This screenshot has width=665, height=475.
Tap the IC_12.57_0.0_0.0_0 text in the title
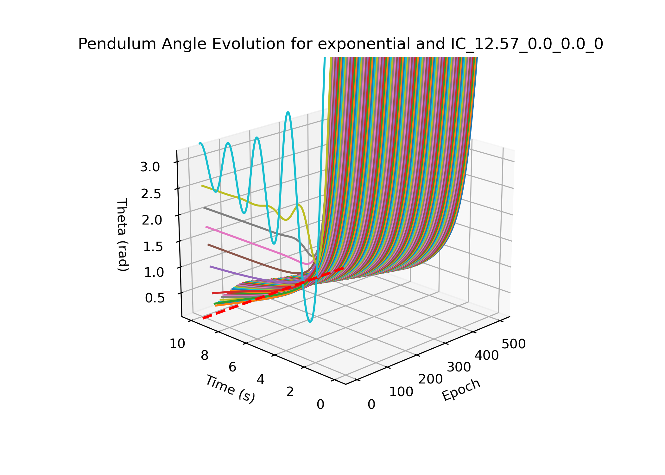pyautogui.click(x=527, y=44)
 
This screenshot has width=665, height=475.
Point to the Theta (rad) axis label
pyautogui.click(x=122, y=235)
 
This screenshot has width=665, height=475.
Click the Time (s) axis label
pyautogui.click(x=230, y=389)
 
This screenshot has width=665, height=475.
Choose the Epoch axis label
pyautogui.click(x=461, y=390)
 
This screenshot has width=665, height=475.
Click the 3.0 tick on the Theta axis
pyautogui.click(x=150, y=167)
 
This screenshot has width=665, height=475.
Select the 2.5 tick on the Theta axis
pyautogui.click(x=151, y=194)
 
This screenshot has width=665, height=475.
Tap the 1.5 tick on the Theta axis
pyautogui.click(x=153, y=246)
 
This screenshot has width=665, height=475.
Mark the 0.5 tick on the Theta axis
pyautogui.click(x=155, y=298)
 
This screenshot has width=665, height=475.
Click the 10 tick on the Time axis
pyautogui.click(x=177, y=344)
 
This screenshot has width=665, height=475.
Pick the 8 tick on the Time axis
pyautogui.click(x=205, y=356)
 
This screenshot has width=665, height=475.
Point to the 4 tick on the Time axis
pyautogui.click(x=261, y=379)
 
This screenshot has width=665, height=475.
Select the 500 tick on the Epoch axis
pyautogui.click(x=514, y=344)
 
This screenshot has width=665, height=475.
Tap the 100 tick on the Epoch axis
pyautogui.click(x=401, y=392)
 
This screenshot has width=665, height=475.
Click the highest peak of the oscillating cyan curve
pyautogui.click(x=288, y=112)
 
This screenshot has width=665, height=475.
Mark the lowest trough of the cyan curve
pyautogui.click(x=310, y=322)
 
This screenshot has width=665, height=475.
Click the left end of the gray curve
pyautogui.click(x=204, y=208)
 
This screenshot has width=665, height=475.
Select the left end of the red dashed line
pyautogui.click(x=203, y=318)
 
